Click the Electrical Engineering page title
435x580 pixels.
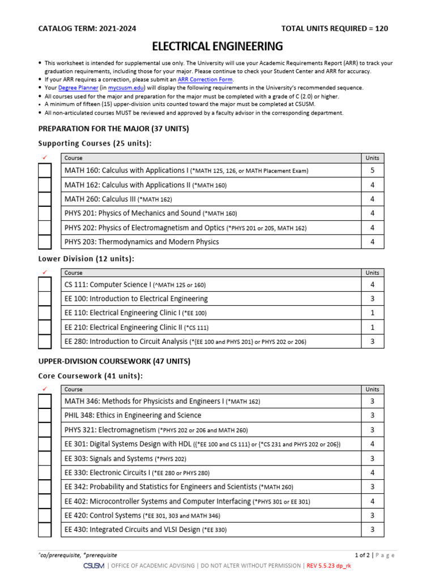pyautogui.click(x=218, y=46)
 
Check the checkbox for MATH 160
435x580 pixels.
pyautogui.click(x=45, y=170)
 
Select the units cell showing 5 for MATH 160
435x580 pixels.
pyautogui.click(x=372, y=170)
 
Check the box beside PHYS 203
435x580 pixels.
pyautogui.click(x=45, y=242)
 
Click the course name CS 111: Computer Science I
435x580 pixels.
pyautogui.click(x=108, y=285)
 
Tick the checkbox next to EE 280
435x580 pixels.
pyautogui.click(x=45, y=342)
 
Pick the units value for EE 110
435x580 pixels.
pyautogui.click(x=372, y=313)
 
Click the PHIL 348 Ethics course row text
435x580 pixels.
pyautogui.click(x=133, y=415)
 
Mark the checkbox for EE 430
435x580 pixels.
pyautogui.click(x=45, y=530)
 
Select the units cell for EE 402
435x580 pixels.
pyautogui.click(x=372, y=501)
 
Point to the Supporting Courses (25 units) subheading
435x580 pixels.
pyautogui.click(x=95, y=143)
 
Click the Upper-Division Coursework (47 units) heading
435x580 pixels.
pyautogui.click(x=114, y=361)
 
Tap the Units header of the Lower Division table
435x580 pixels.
pyautogui.click(x=372, y=273)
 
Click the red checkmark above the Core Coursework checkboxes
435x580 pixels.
pyautogui.click(x=45, y=389)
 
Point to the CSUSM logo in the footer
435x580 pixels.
pyautogui.click(x=93, y=566)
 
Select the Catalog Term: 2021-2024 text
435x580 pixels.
pyautogui.click(x=87, y=29)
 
